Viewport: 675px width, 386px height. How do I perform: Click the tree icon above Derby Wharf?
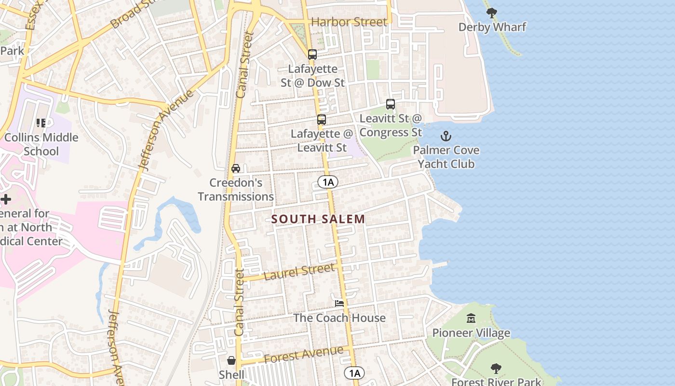click(491, 13)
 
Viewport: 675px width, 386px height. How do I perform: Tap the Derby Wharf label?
click(492, 27)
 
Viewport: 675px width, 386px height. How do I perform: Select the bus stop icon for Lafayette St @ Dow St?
click(312, 55)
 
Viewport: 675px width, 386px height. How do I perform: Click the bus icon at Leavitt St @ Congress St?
click(391, 104)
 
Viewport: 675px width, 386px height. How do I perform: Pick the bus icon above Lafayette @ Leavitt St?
click(322, 120)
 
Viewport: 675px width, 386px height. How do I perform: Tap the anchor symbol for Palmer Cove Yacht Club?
click(445, 136)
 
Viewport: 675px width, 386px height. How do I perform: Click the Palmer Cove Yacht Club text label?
click(446, 157)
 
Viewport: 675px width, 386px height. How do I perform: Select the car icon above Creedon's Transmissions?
click(236, 168)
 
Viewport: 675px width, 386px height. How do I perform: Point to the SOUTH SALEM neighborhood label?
click(318, 219)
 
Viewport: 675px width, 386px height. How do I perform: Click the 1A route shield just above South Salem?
click(328, 182)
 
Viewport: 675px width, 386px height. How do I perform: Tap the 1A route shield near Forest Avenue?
click(354, 372)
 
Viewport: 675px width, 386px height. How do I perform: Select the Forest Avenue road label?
click(304, 355)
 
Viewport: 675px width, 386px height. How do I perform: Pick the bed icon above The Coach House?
click(339, 303)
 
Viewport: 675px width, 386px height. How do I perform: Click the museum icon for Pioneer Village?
click(471, 318)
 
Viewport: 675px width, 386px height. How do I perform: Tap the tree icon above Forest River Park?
click(496, 369)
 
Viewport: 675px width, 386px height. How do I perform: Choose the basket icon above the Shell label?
click(231, 360)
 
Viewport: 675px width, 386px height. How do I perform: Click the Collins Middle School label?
click(41, 144)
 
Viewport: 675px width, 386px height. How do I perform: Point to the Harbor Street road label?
click(349, 22)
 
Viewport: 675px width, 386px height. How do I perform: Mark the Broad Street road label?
click(135, 14)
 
